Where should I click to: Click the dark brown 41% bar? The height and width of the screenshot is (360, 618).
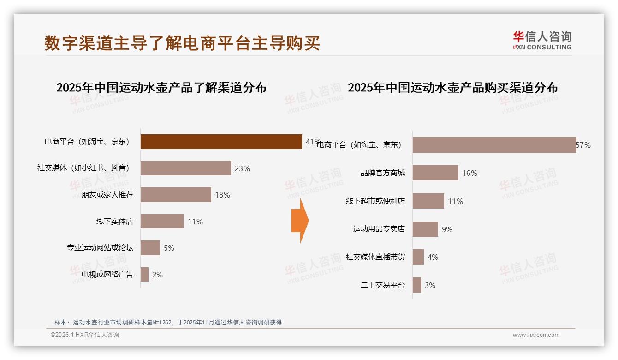pos(221,142)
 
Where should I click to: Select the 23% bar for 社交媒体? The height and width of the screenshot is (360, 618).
pos(185,168)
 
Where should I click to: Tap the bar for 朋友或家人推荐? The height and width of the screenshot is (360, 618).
pos(176,195)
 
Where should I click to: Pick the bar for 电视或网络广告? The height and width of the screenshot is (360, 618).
pos(144,275)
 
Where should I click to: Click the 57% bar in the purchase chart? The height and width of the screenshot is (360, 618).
pos(494,145)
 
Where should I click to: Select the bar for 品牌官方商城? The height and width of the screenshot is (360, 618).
pos(435,173)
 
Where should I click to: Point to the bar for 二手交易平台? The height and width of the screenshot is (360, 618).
pos(417,285)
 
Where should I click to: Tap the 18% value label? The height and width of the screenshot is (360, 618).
pos(222,195)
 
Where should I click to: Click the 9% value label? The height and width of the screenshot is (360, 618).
pos(447,229)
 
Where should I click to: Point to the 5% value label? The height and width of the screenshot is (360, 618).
pos(169,248)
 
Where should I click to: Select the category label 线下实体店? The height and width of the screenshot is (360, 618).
pos(114,222)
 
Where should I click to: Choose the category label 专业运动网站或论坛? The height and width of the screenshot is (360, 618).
pos(100,248)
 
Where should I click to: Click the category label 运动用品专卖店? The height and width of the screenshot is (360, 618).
pos(379,229)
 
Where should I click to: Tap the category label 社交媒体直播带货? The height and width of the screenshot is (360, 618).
pos(375,257)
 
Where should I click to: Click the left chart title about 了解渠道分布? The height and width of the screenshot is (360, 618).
pos(161,88)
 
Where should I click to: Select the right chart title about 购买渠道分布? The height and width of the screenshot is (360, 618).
pos(452,88)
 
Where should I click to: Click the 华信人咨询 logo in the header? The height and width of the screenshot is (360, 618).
pos(542,40)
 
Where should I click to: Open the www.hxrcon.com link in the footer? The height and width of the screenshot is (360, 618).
pos(536,335)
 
